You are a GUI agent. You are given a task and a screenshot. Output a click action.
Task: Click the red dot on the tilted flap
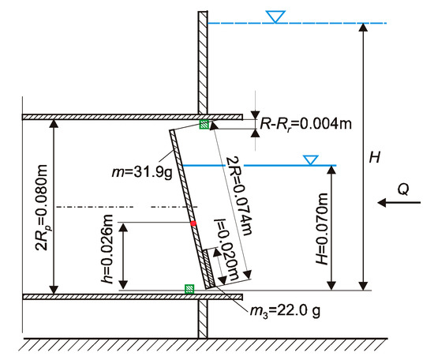pyautogui.click(x=193, y=223)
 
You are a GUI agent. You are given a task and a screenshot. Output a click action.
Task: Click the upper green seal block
pyautogui.click(x=204, y=124)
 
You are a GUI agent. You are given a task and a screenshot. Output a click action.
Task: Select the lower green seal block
pyautogui.click(x=189, y=289)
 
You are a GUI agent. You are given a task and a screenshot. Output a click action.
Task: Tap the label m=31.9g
pyautogui.click(x=142, y=172)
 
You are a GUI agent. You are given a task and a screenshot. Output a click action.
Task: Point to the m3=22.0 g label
pyautogui.click(x=285, y=311)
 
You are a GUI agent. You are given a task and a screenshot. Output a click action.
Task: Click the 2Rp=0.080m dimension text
pyautogui.click(x=42, y=208)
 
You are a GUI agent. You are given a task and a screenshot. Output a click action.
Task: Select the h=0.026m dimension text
pyautogui.click(x=107, y=249)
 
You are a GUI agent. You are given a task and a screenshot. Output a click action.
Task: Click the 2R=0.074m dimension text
pyautogui.click(x=239, y=196)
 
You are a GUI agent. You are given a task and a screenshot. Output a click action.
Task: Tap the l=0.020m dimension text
pyautogui.click(x=227, y=249)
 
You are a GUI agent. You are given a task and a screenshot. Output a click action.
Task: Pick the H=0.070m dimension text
pyautogui.click(x=322, y=229)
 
